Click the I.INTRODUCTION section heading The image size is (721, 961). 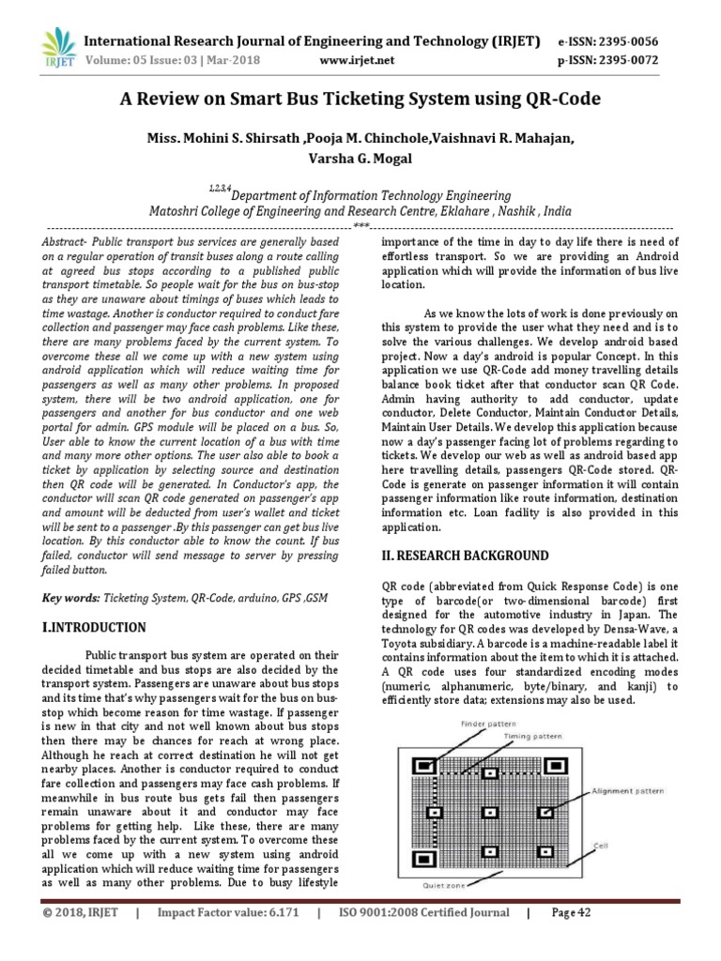95,627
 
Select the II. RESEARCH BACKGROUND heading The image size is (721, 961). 465,556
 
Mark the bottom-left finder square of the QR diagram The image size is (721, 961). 426,858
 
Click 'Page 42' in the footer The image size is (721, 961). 571,912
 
